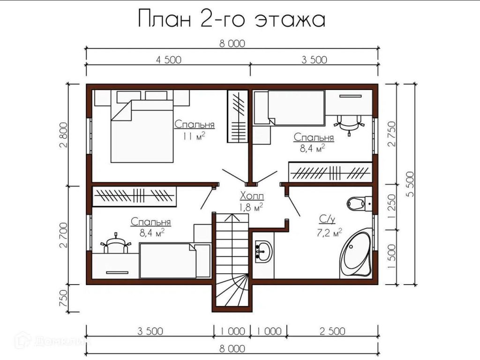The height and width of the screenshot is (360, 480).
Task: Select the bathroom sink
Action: [263, 251]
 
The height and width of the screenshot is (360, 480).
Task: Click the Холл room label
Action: [252, 195]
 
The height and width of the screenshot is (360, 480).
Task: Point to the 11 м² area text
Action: [194, 135]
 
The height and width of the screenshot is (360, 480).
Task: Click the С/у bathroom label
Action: [327, 219]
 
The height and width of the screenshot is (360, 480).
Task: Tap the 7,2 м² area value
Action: [330, 232]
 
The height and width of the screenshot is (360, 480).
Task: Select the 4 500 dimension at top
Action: [169, 60]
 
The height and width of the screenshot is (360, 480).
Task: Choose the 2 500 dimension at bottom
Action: [332, 331]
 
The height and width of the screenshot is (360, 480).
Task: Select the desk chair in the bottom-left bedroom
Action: [115, 243]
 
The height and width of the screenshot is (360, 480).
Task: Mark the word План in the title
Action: [164, 18]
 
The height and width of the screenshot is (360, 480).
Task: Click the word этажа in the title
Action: [290, 20]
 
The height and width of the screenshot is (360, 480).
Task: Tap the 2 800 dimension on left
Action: [64, 135]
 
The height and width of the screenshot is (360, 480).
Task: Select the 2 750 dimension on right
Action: [392, 134]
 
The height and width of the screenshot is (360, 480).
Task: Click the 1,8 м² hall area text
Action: [251, 208]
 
